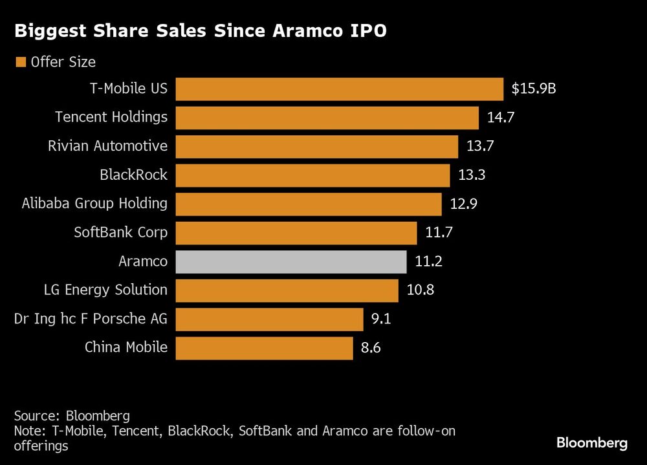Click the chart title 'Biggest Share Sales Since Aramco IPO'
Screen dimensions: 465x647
(201, 32)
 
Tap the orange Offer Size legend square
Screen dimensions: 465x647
(21, 62)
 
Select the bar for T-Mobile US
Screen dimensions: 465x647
(339, 89)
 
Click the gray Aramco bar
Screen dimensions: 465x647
(291, 262)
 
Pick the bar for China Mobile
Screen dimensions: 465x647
(264, 348)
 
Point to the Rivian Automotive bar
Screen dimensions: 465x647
(316, 146)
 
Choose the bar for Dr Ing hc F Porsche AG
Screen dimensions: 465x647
(269, 319)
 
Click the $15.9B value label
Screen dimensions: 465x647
(533, 89)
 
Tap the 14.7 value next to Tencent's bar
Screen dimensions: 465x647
(499, 118)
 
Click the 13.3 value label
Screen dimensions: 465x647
(471, 175)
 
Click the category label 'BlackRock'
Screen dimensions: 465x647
(133, 175)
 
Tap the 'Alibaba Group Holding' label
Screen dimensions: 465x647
(94, 204)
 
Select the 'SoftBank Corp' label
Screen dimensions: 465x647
(120, 232)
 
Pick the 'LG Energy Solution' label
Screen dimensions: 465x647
(105, 290)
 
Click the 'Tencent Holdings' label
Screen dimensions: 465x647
(111, 117)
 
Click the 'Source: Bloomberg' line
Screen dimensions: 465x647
(71, 415)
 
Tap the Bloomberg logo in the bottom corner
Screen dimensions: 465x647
(591, 443)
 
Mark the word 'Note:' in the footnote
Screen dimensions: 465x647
(29, 431)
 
